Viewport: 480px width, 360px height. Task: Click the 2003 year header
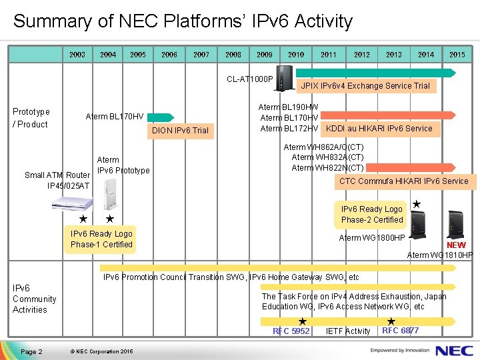77,55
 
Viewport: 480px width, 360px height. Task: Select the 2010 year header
296,55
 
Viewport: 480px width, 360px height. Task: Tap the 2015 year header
457,55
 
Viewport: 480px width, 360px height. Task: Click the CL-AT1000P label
250,79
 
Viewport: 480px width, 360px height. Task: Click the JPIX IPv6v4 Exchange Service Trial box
365,86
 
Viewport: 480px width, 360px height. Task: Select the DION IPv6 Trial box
180,130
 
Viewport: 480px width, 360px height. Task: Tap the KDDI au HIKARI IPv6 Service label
379,129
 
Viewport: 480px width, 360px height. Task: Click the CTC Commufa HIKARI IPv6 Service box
404,181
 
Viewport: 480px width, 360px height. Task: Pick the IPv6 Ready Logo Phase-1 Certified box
101,239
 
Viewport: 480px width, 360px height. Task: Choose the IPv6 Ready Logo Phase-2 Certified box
372,215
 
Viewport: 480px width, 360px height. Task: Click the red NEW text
456,245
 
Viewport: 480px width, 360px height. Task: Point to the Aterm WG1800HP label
372,238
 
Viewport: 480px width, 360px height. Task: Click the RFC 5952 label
291,331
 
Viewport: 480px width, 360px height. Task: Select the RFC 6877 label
400,331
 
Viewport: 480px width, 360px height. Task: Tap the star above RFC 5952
302,321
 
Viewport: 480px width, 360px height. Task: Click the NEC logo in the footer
454,350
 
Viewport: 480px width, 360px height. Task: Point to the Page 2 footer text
31,351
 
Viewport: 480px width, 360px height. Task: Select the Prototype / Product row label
31,118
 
